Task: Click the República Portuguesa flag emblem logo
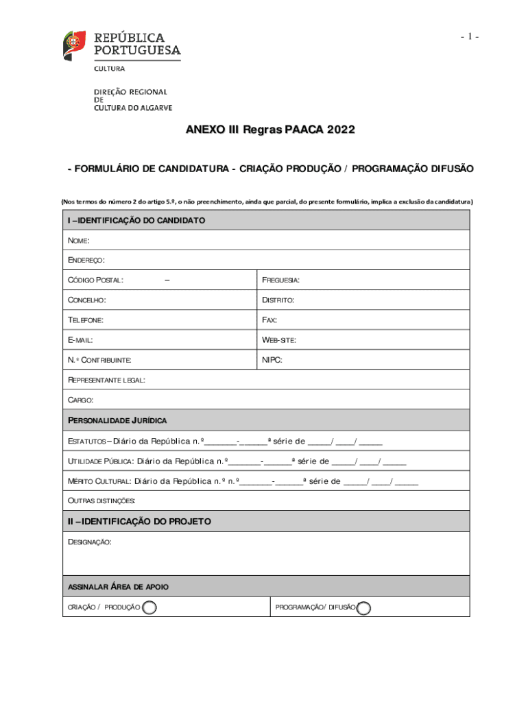pyautogui.click(x=75, y=45)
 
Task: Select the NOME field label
pyautogui.click(x=78, y=241)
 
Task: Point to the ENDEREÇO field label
pyautogui.click(x=85, y=261)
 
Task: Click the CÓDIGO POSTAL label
pyautogui.click(x=95, y=280)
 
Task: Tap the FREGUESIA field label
pyautogui.click(x=280, y=280)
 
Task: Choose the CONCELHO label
pyautogui.click(x=86, y=300)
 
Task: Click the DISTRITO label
pyautogui.click(x=278, y=300)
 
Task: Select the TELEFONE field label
pyautogui.click(x=86, y=320)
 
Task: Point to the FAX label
pyautogui.click(x=269, y=320)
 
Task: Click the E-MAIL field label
pyautogui.click(x=80, y=340)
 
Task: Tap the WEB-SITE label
pyautogui.click(x=279, y=340)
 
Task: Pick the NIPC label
pyautogui.click(x=272, y=359)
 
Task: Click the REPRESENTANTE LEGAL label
pyautogui.click(x=106, y=380)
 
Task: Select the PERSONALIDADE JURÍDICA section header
pyautogui.click(x=117, y=420)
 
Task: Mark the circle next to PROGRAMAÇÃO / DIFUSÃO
pyautogui.click(x=364, y=607)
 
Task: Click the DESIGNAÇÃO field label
pyautogui.click(x=89, y=542)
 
